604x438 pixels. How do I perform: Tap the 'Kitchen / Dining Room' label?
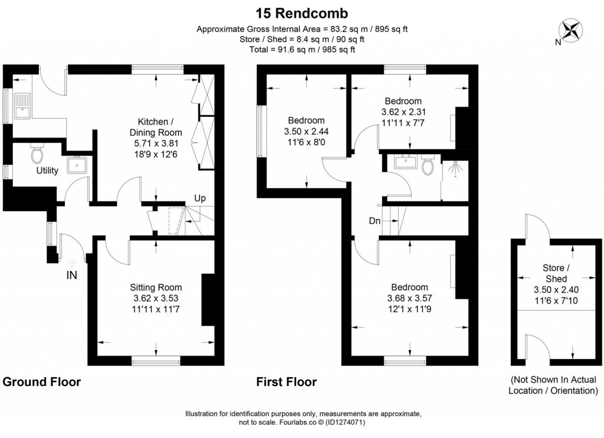156,127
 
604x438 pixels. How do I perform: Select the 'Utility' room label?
47,171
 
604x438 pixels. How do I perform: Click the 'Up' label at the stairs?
200,198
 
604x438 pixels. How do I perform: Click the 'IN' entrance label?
71,274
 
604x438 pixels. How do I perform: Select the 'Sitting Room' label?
156,287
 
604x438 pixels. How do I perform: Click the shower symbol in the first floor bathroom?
455,168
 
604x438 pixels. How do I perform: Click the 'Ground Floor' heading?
42,382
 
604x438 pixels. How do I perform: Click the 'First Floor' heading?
286,382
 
